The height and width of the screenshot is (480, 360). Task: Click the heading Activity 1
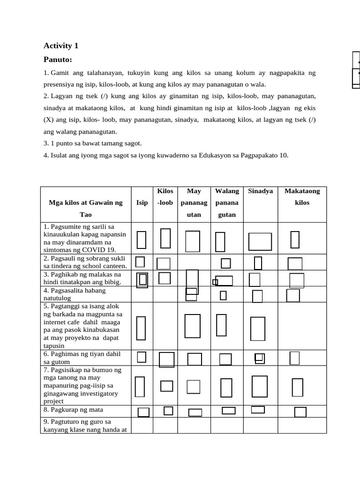[x=61, y=46]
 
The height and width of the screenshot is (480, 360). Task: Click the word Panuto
[x=57, y=60]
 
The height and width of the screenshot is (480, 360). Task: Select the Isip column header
[x=142, y=202]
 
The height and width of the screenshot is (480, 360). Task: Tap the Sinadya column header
[x=261, y=191]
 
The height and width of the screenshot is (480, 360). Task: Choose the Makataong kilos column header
[x=302, y=197]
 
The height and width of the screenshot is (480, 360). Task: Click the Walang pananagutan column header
[x=227, y=202]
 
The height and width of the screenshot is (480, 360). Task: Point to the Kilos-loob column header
[x=165, y=197]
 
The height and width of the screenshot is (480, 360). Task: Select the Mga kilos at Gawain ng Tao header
[x=86, y=208]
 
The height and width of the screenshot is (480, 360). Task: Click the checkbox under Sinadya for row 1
[x=260, y=242]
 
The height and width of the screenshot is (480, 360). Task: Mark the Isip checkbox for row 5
[x=141, y=328]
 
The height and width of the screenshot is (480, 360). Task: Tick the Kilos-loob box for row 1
[x=165, y=238]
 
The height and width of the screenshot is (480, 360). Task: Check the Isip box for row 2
[x=140, y=262]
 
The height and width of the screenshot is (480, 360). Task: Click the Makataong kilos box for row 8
[x=300, y=412]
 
